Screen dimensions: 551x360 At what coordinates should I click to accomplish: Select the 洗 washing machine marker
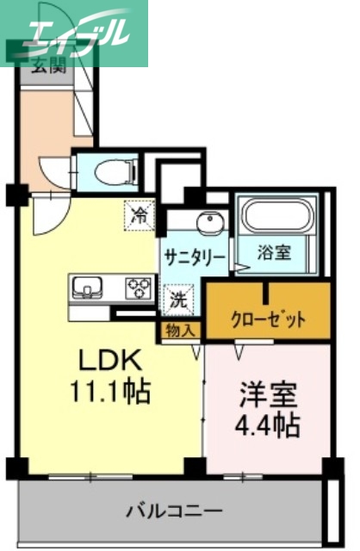[x=177, y=301]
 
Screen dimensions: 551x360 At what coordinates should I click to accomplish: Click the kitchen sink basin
[x=89, y=287]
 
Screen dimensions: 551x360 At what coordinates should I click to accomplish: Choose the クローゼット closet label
[x=268, y=320]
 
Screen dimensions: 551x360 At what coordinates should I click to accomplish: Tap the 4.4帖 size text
[x=268, y=424]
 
